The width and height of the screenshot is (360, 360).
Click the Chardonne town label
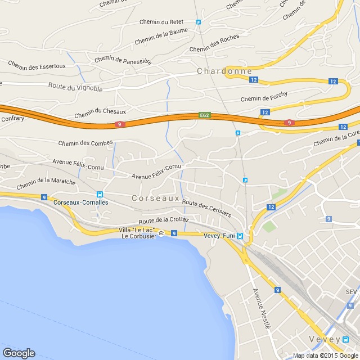point(217,71)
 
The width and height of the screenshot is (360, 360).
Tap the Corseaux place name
point(155,199)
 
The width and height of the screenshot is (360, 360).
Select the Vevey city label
point(325,339)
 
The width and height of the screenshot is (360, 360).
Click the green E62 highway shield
point(204,115)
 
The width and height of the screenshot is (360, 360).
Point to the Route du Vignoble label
point(75,88)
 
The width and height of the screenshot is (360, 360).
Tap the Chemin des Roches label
point(214,43)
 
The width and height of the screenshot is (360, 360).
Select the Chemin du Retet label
point(161,22)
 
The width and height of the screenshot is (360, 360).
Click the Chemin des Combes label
point(85,143)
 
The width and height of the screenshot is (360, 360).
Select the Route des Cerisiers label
point(206,208)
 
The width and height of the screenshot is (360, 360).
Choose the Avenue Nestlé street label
point(262,308)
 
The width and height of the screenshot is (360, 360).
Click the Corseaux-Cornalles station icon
point(100,193)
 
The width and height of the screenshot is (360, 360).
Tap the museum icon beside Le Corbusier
point(161,233)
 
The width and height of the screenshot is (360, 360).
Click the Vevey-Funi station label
point(218,236)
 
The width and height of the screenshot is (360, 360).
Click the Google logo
point(19,353)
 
